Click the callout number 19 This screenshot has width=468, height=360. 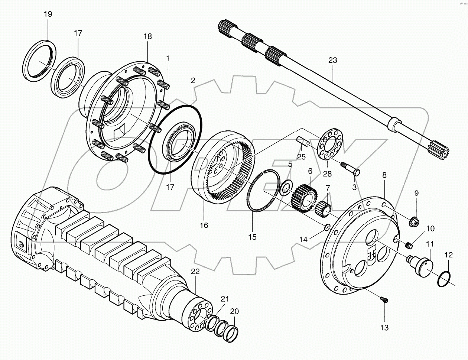click(x=48, y=14)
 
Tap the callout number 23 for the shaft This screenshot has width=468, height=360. click(x=332, y=60)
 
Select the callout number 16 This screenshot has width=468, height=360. click(x=204, y=225)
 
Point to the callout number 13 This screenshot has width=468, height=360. click(x=384, y=327)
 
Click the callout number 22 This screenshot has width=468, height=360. click(x=195, y=272)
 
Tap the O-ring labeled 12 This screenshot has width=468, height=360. click(x=444, y=278)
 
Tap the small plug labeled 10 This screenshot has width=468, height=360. click(x=409, y=245)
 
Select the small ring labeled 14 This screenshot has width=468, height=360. click(x=328, y=227)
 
